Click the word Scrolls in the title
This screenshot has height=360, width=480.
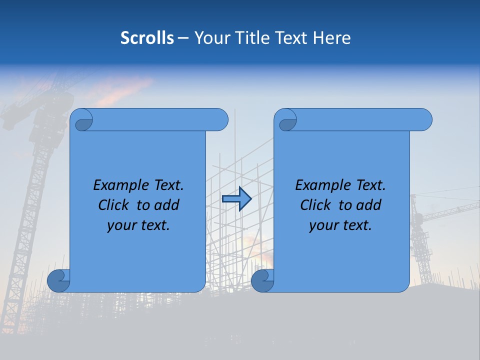[147, 38]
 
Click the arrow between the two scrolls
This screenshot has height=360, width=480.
[236, 199]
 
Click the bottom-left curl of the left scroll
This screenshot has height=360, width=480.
[59, 280]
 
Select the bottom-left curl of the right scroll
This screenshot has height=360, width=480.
[262, 280]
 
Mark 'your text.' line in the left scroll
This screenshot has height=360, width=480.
[138, 225]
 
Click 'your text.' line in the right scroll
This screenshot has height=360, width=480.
[340, 225]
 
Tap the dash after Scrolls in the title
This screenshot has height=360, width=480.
[183, 38]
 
